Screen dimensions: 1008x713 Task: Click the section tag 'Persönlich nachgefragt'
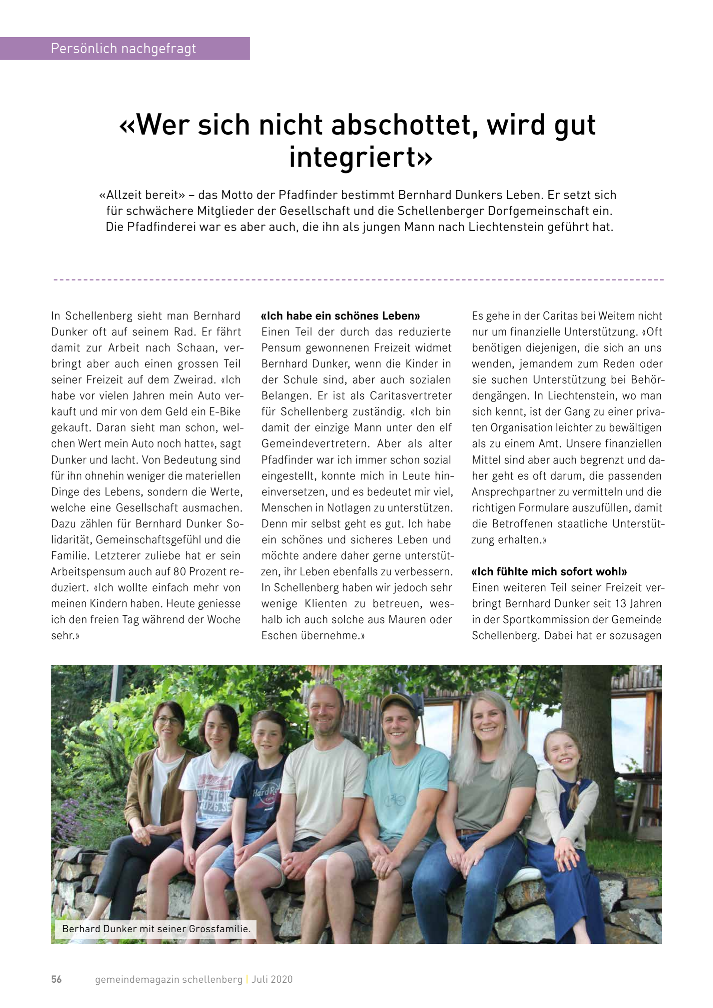[123, 48]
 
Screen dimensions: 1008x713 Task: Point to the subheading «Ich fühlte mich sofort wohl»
[549, 572]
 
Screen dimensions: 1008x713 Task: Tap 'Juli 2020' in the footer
[272, 979]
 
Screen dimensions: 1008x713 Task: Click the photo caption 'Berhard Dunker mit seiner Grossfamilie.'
[156, 929]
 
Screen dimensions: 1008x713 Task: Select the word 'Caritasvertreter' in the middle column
[411, 396]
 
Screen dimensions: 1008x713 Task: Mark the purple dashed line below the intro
[358, 280]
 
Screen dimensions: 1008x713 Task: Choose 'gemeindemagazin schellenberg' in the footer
[169, 979]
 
